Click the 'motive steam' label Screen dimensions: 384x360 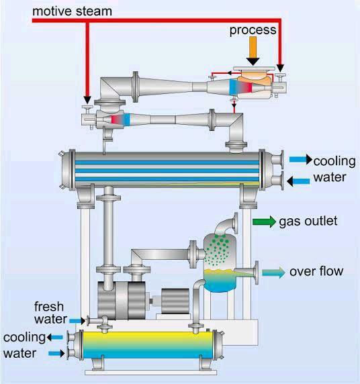click(x=73, y=11)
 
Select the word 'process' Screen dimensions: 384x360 click(x=253, y=31)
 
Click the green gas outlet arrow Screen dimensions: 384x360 click(x=264, y=222)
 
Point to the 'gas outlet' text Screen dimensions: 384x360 click(x=308, y=222)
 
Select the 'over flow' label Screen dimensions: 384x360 click(x=316, y=271)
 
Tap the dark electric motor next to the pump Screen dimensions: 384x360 click(x=173, y=297)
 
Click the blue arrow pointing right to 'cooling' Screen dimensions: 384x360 click(x=300, y=160)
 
